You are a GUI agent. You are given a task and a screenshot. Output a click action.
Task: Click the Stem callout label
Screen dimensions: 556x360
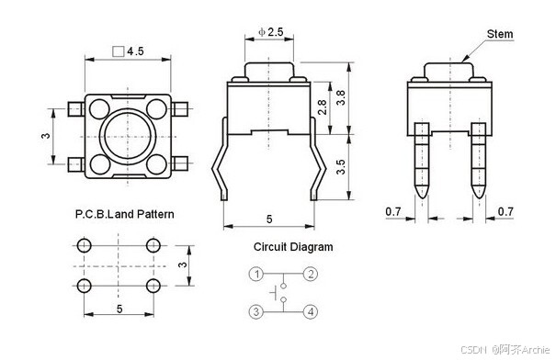pyautogui.click(x=500, y=34)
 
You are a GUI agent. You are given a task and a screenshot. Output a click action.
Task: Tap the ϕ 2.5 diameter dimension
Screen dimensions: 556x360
pyautogui.click(x=271, y=32)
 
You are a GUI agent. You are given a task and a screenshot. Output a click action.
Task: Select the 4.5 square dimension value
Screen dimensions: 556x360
pyautogui.click(x=135, y=51)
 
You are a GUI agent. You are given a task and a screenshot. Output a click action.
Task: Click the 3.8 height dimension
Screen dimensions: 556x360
pyautogui.click(x=341, y=97)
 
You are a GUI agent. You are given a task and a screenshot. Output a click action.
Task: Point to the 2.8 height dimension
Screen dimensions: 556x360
pyautogui.click(x=323, y=107)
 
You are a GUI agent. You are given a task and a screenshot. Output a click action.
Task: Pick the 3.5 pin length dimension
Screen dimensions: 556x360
pyautogui.click(x=340, y=167)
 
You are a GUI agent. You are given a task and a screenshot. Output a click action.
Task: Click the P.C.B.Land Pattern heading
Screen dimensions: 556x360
pyautogui.click(x=124, y=214)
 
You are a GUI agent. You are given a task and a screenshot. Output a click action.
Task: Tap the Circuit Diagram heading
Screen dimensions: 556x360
pyautogui.click(x=293, y=247)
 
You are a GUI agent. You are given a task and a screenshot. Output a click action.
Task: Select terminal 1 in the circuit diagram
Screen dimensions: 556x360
pyautogui.click(x=256, y=274)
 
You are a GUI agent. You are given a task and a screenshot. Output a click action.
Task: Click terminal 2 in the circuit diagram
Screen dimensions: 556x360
pyautogui.click(x=311, y=274)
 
